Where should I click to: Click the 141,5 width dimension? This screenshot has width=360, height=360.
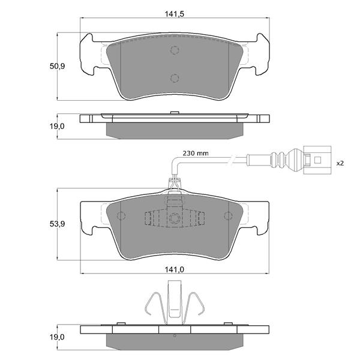tap(175, 14)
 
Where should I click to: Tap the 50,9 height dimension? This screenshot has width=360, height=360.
tap(58, 67)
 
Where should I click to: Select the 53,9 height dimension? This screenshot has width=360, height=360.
tap(58, 224)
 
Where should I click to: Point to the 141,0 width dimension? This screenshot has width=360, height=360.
tap(175, 269)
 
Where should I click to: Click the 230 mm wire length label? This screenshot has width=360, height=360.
tap(196, 153)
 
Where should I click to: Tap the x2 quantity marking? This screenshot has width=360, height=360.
tap(340, 163)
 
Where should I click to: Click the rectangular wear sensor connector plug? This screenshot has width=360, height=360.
tap(317, 160)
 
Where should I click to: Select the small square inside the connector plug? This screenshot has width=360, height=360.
tap(317, 160)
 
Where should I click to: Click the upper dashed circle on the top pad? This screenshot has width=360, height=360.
tap(175, 50)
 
